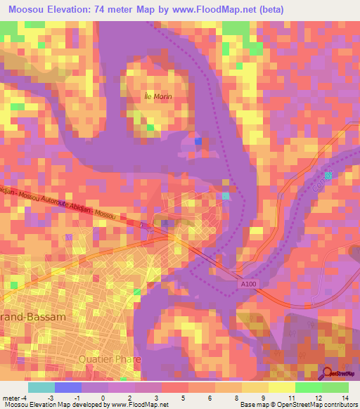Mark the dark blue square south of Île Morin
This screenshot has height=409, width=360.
[198, 141]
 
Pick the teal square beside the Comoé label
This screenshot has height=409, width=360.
[328, 175]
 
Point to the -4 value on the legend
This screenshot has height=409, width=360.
[25, 398]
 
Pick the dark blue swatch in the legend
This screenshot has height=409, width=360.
[67, 387]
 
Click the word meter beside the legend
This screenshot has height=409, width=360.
[10, 398]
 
